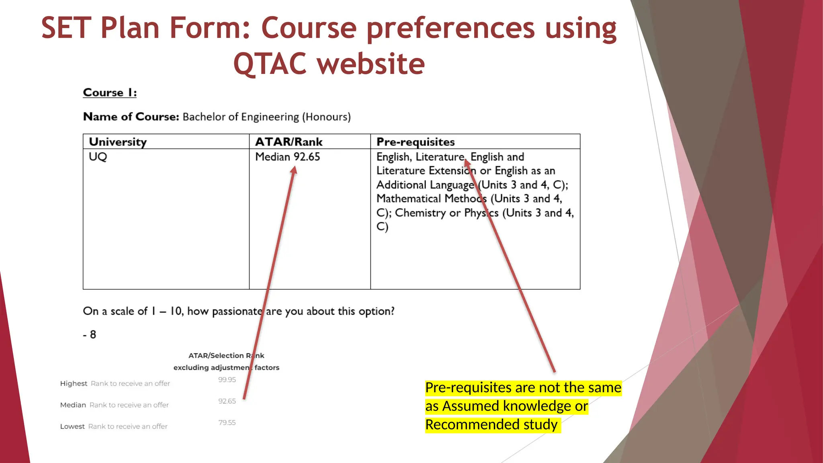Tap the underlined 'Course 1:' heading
pos(110,92)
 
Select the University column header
pos(118,142)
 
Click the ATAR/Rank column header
pos(289,142)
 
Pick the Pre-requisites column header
pos(415,142)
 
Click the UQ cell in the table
pos(98,157)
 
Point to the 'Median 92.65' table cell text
pos(287,157)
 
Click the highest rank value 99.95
pos(227,380)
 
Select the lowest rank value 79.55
pos(227,423)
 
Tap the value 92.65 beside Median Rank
pos(227,401)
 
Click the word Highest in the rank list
pos(74,383)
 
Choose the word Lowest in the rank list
pos(72,426)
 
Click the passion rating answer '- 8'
pos(90,334)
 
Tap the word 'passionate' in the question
pos(237,311)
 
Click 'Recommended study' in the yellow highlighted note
pos(491,424)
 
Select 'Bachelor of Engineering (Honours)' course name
pos(266,117)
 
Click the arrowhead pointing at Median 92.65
pos(294,170)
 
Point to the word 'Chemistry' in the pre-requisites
pos(420,213)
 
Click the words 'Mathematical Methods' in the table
pos(431,199)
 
